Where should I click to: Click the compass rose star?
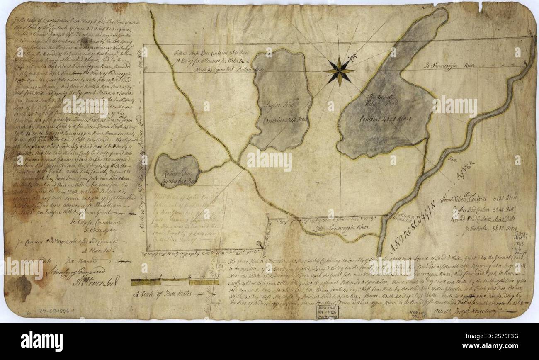coord(339,71)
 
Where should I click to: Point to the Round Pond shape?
coord(177,170)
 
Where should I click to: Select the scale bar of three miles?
coord(175,282)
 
